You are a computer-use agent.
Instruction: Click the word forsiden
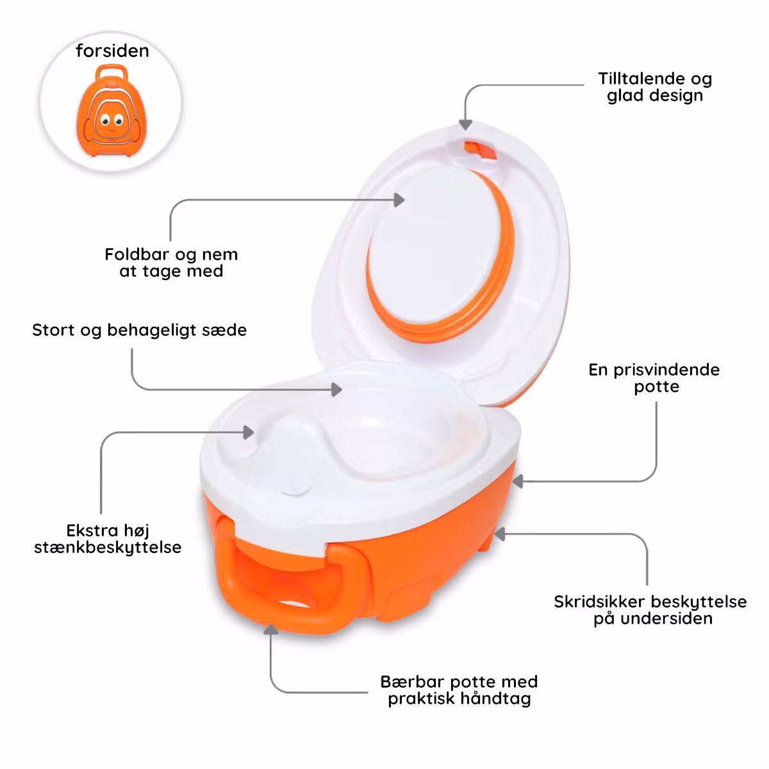112,51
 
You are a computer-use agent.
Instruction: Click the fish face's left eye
105,119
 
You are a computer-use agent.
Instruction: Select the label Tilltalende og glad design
655,87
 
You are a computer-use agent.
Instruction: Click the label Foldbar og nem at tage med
171,263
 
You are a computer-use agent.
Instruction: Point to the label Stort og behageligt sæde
139,331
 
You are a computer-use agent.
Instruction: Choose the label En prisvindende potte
654,378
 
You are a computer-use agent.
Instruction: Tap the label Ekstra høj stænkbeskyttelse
108,539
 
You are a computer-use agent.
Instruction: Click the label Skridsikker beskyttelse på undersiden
650,610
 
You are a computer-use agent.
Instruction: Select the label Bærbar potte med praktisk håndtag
459,690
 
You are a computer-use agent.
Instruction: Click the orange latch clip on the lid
480,151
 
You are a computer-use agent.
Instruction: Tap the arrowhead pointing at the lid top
465,124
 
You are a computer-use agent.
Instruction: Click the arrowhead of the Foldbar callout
399,200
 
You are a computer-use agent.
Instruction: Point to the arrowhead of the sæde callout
336,390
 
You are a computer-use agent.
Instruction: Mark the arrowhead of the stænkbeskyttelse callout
249,432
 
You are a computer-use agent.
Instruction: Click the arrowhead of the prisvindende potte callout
518,481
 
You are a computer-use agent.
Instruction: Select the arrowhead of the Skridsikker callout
500,534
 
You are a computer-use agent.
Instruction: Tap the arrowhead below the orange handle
271,629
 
